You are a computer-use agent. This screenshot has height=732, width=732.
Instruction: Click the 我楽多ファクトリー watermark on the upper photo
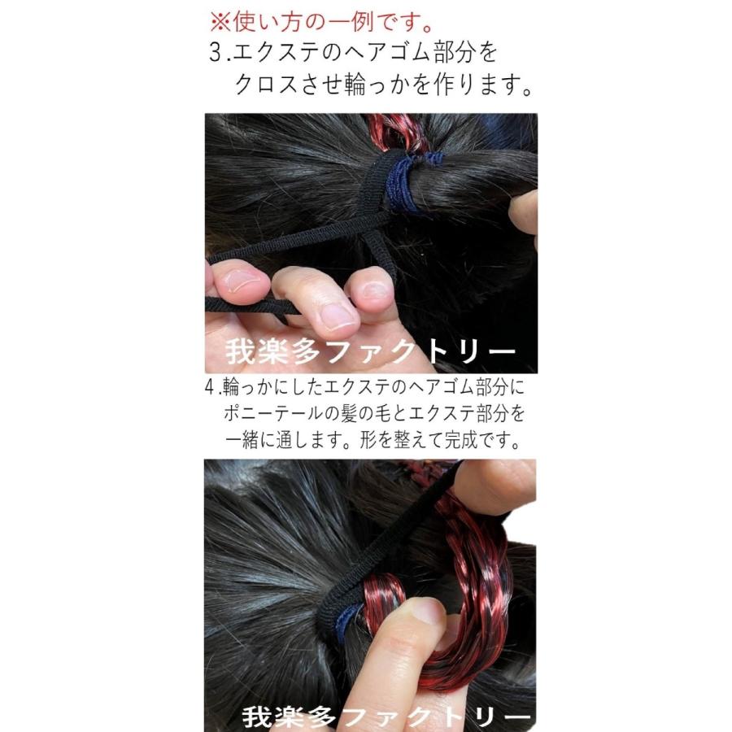tap(369, 353)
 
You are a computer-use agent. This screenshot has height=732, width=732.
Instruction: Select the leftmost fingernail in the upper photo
tap(243, 281)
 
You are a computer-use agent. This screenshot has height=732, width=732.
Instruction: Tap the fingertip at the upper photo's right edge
tap(523, 213)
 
